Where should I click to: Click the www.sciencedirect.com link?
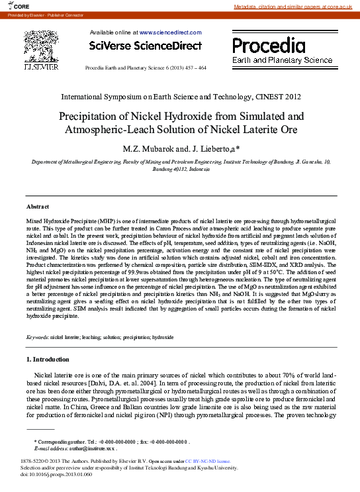pos(169,32)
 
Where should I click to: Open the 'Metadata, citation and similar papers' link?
pos(294,7)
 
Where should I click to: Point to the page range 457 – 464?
pos(193,68)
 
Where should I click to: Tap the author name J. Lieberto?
pos(209,148)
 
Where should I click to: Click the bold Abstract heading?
pos(37,207)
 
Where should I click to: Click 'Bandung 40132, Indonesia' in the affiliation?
pos(180,169)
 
